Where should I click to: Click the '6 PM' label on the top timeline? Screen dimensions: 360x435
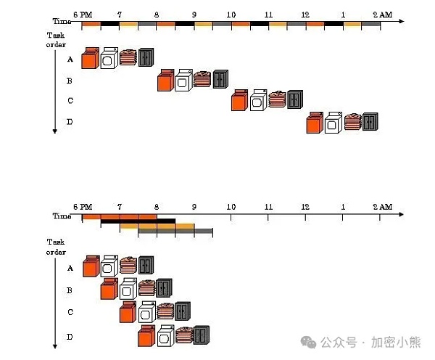[x=83, y=14]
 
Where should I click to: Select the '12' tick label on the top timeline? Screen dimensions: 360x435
[x=306, y=14]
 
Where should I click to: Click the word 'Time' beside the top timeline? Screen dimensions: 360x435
[x=62, y=22]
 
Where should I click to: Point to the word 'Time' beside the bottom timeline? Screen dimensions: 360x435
[x=62, y=216]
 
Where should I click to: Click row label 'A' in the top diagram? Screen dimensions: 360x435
[x=70, y=60]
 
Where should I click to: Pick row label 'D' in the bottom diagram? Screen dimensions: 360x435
[x=70, y=336]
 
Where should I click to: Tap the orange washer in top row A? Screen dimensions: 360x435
[x=90, y=58]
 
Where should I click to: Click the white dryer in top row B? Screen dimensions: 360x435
[x=184, y=80]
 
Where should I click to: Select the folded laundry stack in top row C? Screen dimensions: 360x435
[x=277, y=99]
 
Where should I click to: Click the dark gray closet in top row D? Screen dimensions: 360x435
[x=370, y=122]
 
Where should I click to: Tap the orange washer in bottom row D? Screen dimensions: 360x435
[x=146, y=335]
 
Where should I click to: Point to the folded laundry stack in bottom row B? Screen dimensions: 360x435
[x=146, y=288]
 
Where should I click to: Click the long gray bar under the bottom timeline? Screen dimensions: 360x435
[x=175, y=232]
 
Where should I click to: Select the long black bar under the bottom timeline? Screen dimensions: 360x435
[x=138, y=221]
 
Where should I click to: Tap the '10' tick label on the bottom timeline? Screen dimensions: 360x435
[x=231, y=207]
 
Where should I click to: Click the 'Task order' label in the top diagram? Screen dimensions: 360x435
[x=56, y=39]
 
